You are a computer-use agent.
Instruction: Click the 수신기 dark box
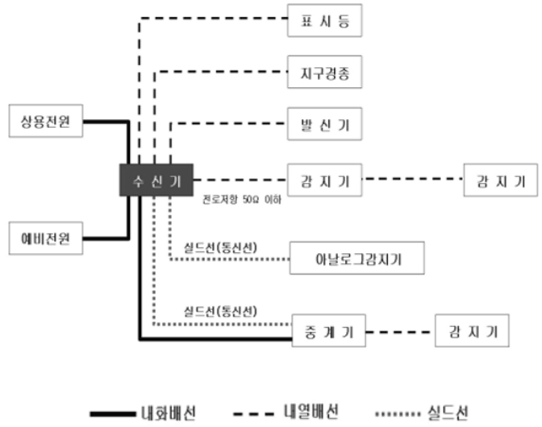click(156, 179)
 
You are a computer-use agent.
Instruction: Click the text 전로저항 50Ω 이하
click(242, 198)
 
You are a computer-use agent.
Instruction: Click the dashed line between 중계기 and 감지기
click(399, 330)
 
